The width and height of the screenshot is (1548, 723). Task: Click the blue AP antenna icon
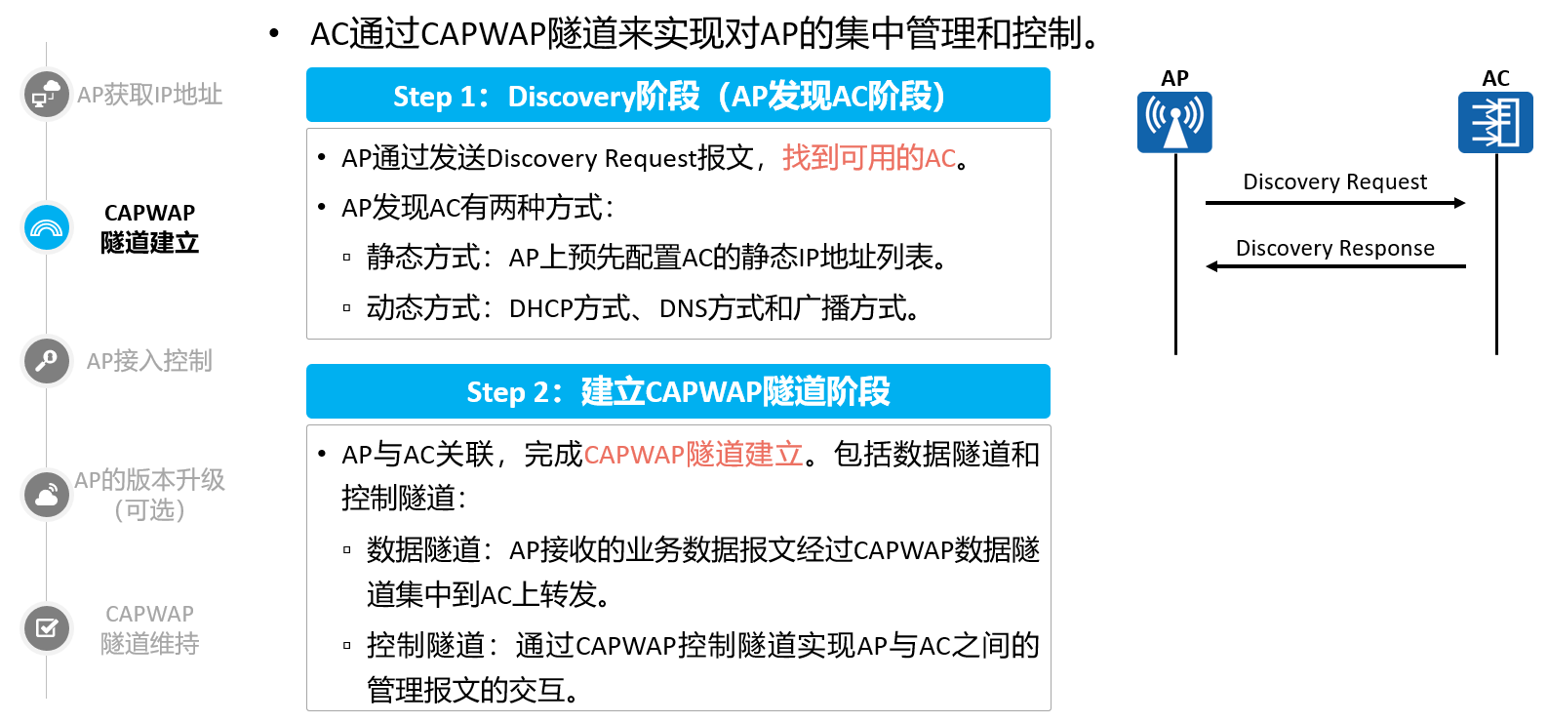click(x=1174, y=122)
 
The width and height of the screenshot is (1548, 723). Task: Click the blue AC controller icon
click(x=1495, y=122)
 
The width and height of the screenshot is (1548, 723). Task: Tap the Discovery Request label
click(x=1334, y=181)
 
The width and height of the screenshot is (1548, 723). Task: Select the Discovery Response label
click(x=1334, y=248)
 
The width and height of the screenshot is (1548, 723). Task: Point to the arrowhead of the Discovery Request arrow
click(x=1459, y=203)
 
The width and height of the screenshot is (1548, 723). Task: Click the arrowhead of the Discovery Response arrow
click(x=1212, y=266)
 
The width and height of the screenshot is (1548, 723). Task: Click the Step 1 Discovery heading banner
click(x=678, y=95)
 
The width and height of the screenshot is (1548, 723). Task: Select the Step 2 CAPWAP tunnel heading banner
click(x=678, y=391)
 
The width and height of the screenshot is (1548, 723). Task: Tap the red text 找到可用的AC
click(x=869, y=158)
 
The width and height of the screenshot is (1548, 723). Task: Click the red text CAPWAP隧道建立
click(x=694, y=455)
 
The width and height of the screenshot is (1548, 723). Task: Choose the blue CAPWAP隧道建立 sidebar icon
click(x=46, y=227)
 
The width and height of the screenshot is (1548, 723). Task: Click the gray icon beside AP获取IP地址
click(x=46, y=94)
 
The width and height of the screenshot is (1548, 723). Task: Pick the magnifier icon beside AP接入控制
click(x=46, y=361)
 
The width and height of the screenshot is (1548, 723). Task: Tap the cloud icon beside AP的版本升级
click(x=46, y=495)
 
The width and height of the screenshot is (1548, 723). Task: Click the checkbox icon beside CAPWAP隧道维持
click(x=46, y=627)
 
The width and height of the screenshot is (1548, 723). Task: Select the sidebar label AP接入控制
click(x=149, y=361)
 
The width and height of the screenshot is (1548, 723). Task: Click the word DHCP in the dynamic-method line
click(x=539, y=308)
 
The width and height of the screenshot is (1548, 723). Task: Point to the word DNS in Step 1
click(x=684, y=308)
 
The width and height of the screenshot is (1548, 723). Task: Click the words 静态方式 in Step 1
click(x=423, y=258)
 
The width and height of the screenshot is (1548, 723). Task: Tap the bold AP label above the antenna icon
click(x=1174, y=78)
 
